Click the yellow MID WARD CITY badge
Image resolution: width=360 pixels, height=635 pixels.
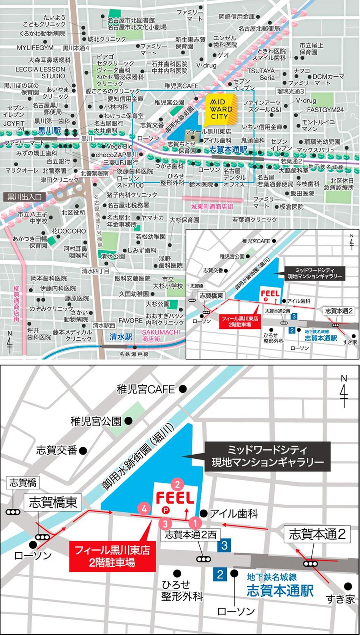(x=221, y=110)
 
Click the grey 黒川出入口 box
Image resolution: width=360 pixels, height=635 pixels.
(x=24, y=197)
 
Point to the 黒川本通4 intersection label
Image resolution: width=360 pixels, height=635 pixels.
(x=76, y=48)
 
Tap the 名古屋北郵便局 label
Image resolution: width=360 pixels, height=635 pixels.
(x=259, y=28)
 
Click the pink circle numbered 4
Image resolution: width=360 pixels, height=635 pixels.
(x=144, y=508)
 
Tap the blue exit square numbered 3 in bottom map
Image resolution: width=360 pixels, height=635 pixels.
(x=224, y=546)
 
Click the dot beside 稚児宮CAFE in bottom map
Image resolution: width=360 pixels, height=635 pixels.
(x=183, y=389)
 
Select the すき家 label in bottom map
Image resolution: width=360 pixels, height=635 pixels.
(x=340, y=599)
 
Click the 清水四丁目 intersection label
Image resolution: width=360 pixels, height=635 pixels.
(x=95, y=271)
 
